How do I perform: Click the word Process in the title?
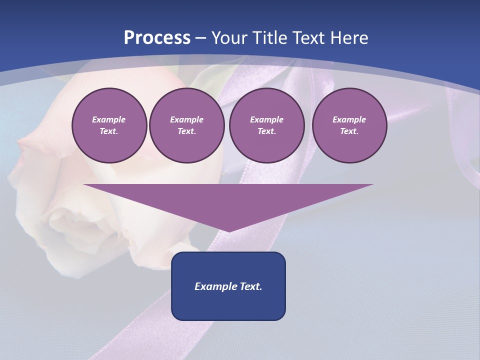click(157, 38)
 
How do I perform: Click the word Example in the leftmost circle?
click(109, 119)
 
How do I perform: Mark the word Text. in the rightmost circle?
click(349, 131)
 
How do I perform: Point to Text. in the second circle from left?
click(187, 131)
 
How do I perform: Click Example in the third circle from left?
click(267, 119)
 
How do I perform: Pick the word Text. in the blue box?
click(250, 286)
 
